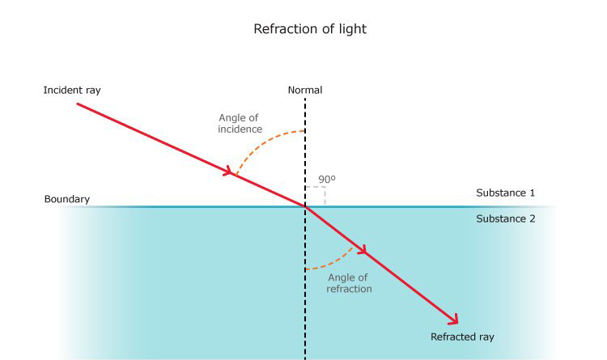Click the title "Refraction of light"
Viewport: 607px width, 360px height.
(x=310, y=29)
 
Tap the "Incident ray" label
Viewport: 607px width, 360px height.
(x=72, y=90)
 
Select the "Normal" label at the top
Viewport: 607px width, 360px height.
(x=305, y=90)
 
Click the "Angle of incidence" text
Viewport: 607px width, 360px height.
(x=240, y=123)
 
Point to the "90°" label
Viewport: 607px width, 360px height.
(x=327, y=180)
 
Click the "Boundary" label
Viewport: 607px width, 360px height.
(x=67, y=199)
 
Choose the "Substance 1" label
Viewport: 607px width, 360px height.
(x=506, y=193)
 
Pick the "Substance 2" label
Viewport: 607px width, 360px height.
(x=506, y=218)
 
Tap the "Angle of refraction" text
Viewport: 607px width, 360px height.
(x=348, y=283)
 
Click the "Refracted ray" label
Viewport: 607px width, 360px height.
(x=462, y=337)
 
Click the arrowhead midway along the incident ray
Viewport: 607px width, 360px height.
(x=229, y=172)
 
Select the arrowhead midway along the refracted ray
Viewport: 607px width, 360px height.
(x=362, y=250)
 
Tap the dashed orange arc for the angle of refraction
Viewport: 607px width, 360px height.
(x=334, y=262)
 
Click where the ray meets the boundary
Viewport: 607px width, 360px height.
(x=305, y=207)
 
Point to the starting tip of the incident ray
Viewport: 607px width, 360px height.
(x=78, y=104)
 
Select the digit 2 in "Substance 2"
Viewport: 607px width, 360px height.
(x=532, y=218)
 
